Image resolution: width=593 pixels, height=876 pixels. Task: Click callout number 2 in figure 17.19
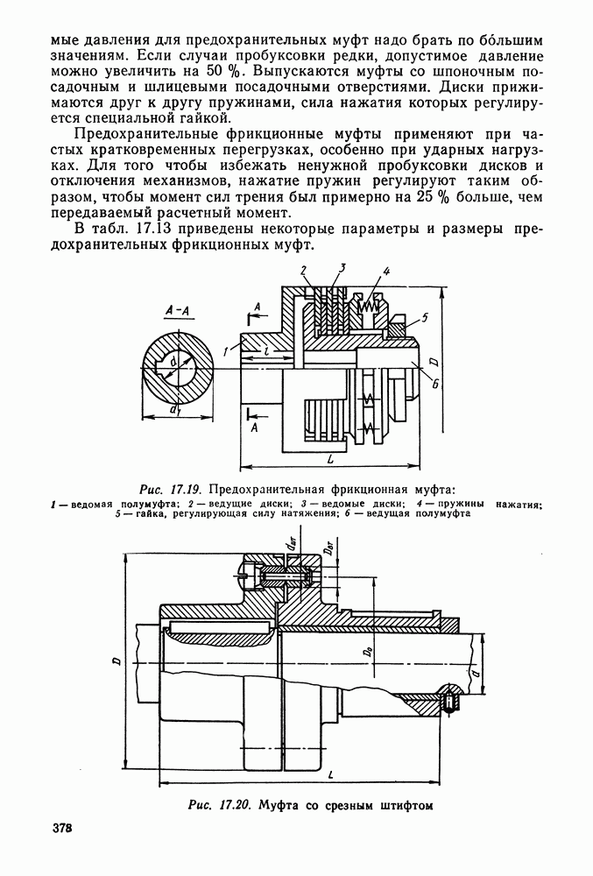(304, 271)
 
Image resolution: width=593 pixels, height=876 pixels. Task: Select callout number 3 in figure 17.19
(342, 267)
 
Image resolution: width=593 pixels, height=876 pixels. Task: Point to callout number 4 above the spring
(385, 272)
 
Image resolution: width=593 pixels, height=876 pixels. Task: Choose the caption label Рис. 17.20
(220, 805)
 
